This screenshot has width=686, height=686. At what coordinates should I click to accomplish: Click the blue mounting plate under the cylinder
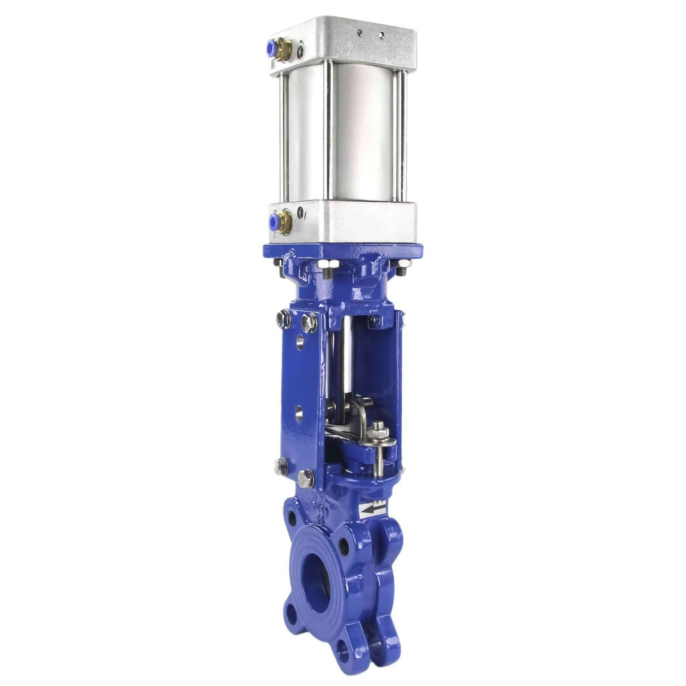pyautogui.click(x=345, y=250)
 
